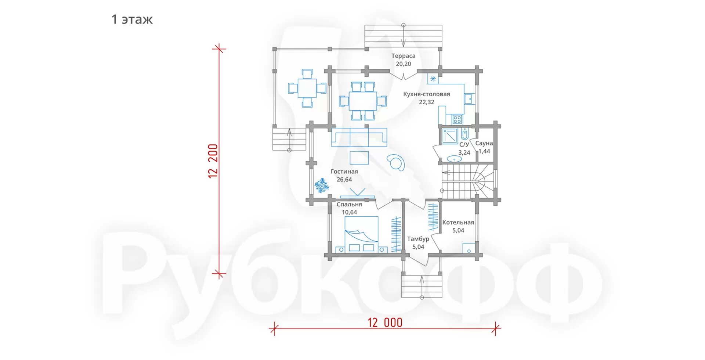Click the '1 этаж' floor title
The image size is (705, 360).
click(x=132, y=19)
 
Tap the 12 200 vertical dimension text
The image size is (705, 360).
click(x=213, y=161)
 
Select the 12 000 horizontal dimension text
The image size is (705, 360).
click(x=385, y=323)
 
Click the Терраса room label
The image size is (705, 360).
click(x=403, y=56)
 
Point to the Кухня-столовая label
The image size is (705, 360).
click(x=426, y=94)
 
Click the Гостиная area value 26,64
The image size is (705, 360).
click(x=344, y=180)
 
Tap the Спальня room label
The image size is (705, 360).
click(x=349, y=204)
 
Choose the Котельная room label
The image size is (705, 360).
click(x=458, y=222)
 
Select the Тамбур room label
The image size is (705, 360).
click(x=418, y=239)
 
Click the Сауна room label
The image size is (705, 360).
click(x=484, y=143)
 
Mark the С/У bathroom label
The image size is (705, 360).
click(x=464, y=145)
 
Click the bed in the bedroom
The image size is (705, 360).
click(x=361, y=234)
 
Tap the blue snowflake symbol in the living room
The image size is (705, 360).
click(x=322, y=186)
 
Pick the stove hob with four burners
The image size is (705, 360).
click(x=457, y=119)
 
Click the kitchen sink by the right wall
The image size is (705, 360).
click(x=469, y=99)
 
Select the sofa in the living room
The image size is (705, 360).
click(x=359, y=137)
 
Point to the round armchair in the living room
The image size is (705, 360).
click(x=396, y=162)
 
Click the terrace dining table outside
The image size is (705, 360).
click(x=307, y=88)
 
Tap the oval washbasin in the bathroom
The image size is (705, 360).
click(x=454, y=159)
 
